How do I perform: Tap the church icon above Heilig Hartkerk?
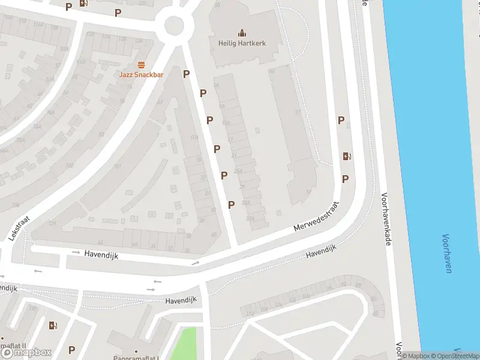pyautogui.click(x=242, y=32)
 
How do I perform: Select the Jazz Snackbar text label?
pyautogui.click(x=141, y=74)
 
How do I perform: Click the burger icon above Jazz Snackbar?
pyautogui.click(x=142, y=64)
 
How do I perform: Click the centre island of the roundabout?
pyautogui.click(x=174, y=25)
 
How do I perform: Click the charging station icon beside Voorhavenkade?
pyautogui.click(x=347, y=157)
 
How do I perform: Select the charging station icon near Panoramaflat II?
pyautogui.click(x=53, y=326)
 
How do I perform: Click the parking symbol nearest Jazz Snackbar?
pyautogui.click(x=187, y=74)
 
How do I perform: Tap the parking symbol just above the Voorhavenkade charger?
pyautogui.click(x=341, y=120)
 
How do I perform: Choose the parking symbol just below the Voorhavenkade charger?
pyautogui.click(x=345, y=179)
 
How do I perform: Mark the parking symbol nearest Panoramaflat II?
pyautogui.click(x=72, y=350)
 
